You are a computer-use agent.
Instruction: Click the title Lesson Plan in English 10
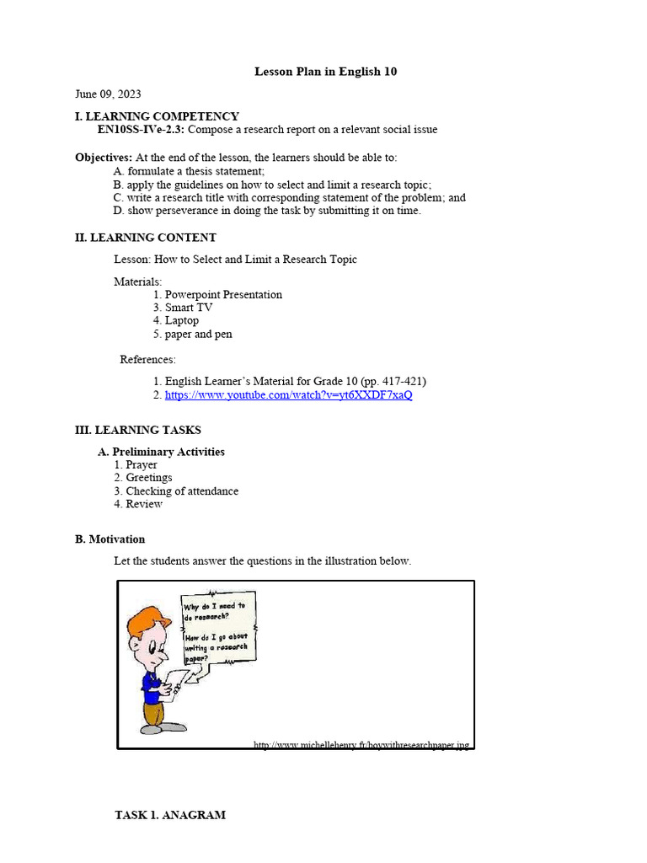coord(325,72)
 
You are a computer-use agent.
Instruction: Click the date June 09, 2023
coord(108,94)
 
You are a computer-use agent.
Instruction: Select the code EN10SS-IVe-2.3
coord(140,130)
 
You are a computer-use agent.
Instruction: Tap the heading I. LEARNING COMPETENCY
coord(157,116)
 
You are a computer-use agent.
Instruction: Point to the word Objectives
coord(103,158)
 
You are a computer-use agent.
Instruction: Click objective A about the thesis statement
coord(182,171)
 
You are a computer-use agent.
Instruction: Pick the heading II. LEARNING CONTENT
coord(145,238)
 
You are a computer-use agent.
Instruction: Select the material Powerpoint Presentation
coord(223,295)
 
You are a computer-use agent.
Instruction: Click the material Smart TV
coord(189,308)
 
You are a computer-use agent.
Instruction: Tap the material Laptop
coord(182,320)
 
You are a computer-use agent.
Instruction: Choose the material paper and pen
coord(198,334)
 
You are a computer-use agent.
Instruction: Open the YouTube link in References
coord(288,394)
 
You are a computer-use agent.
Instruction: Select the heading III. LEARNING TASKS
coord(138,431)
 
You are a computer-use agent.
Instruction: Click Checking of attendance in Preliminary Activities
coord(182,490)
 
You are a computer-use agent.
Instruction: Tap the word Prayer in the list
coord(142,464)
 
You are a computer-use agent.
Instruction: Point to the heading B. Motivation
coord(110,539)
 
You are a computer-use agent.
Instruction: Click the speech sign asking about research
coord(219,628)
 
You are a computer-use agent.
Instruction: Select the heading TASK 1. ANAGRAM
coord(170,815)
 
